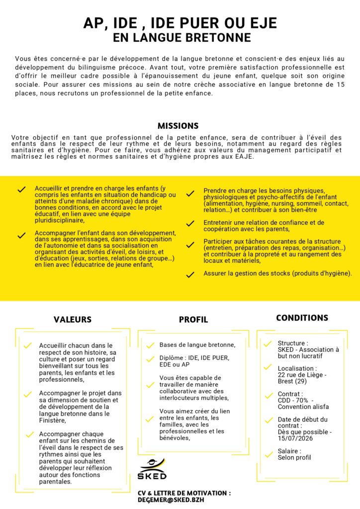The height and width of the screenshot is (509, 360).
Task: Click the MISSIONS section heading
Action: pyautogui.click(x=178, y=126)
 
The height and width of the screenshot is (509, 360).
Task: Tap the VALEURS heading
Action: pyautogui.click(x=73, y=320)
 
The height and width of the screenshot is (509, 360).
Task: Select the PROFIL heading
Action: pyautogui.click(x=193, y=320)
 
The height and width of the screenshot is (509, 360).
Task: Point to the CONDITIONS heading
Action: pyautogui.click(x=302, y=318)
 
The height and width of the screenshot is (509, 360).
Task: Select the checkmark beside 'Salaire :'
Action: pyautogui.click(x=268, y=453)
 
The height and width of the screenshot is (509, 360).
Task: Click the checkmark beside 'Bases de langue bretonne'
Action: pyautogui.click(x=150, y=345)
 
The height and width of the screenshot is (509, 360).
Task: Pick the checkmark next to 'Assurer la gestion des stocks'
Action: pyautogui.click(x=190, y=274)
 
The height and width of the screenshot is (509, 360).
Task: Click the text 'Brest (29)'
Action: pyautogui.click(x=294, y=381)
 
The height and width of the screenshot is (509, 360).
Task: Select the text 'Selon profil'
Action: pyautogui.click(x=294, y=457)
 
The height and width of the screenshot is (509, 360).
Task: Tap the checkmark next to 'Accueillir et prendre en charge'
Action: pyautogui.click(x=21, y=190)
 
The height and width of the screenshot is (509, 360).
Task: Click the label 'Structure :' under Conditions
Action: pyautogui.click(x=293, y=343)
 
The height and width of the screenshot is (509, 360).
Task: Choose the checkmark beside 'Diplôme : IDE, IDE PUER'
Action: pyautogui.click(x=150, y=359)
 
